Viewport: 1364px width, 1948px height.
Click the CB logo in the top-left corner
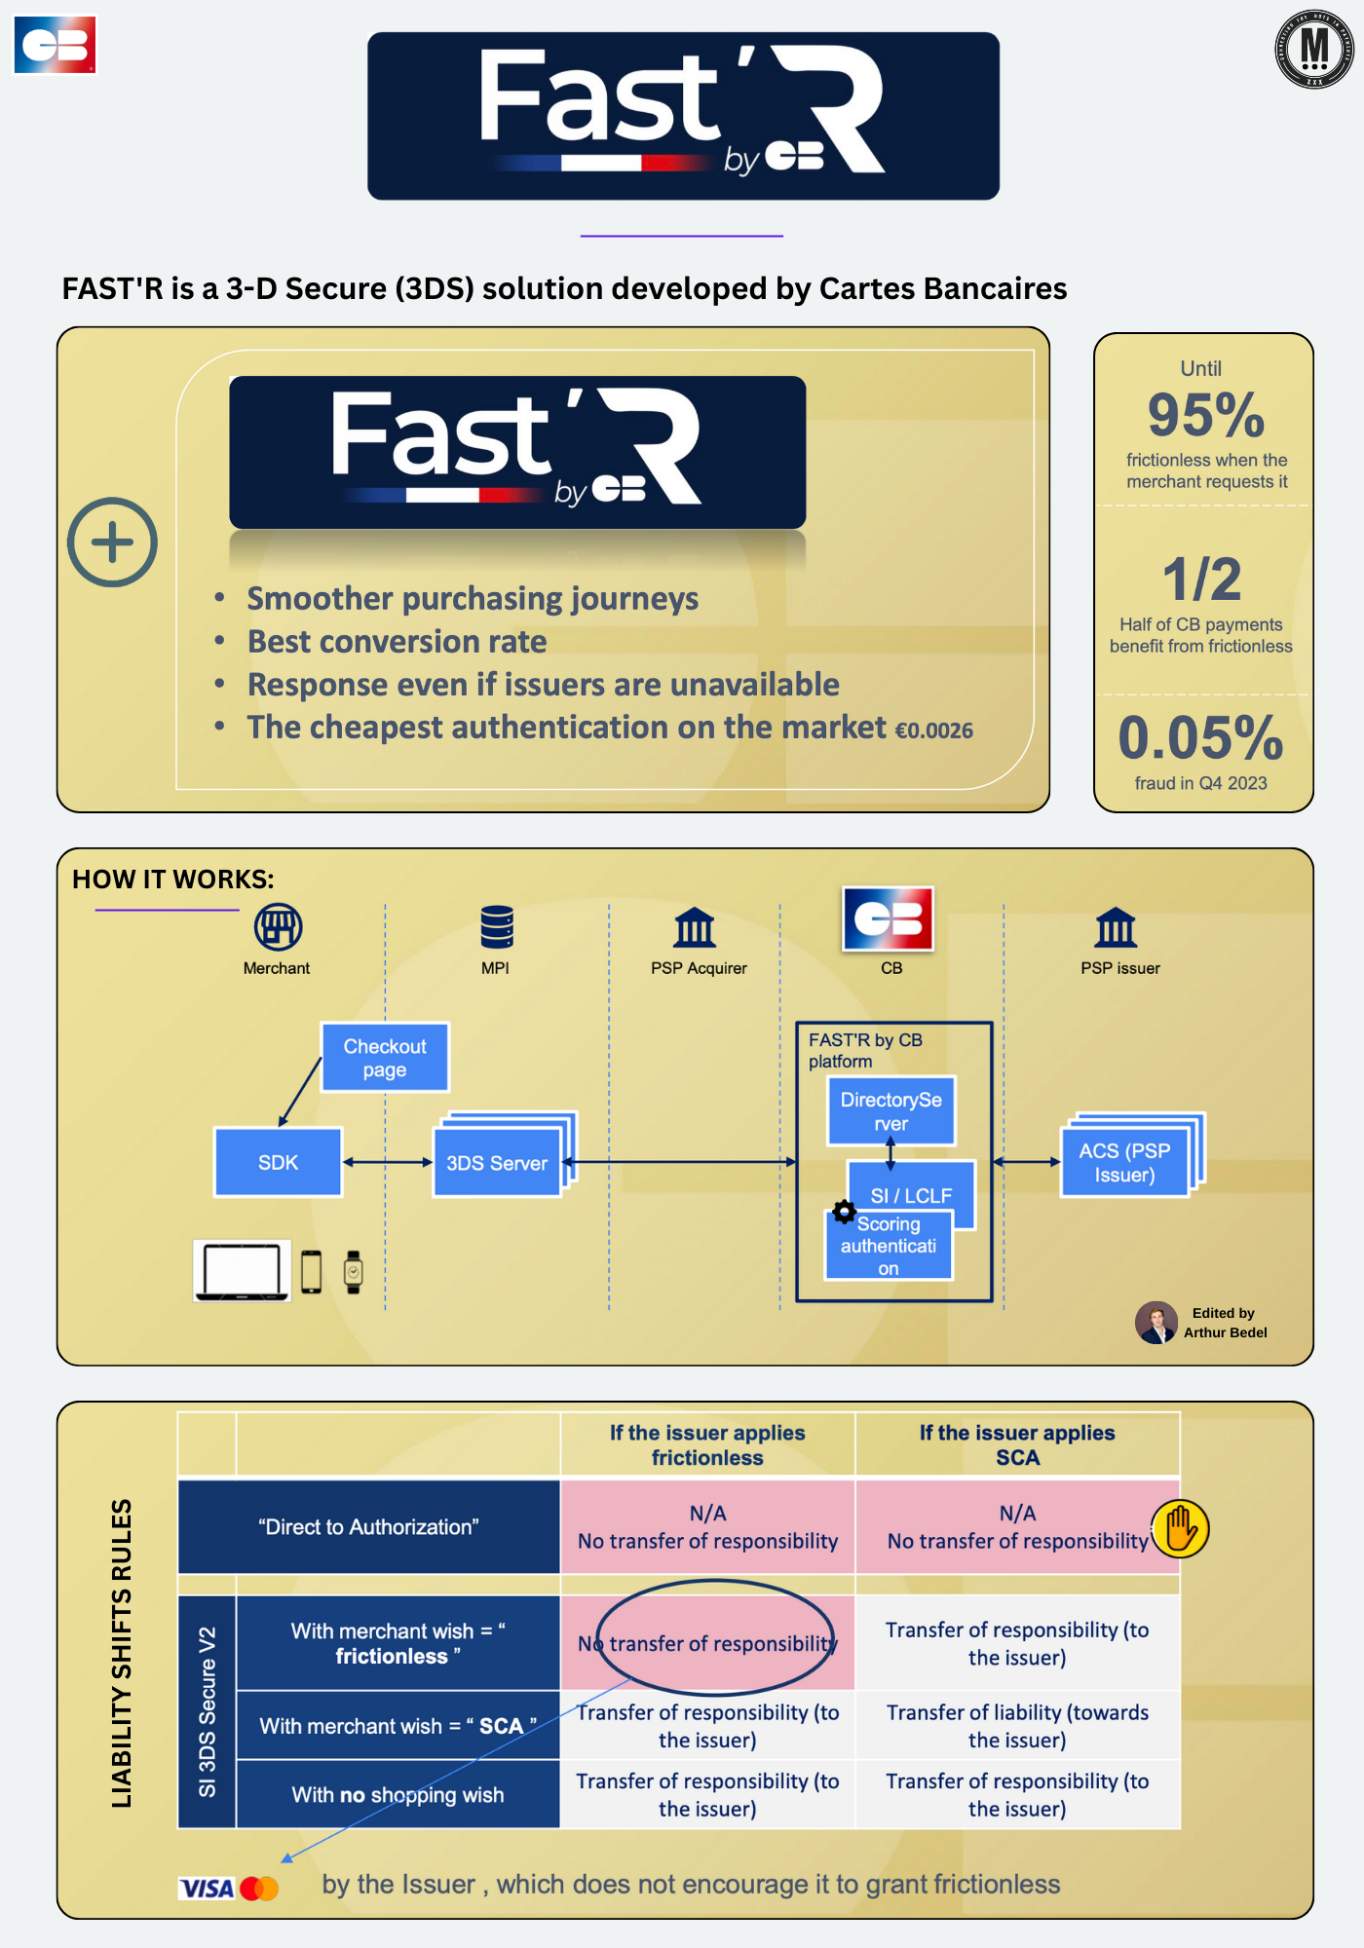pyautogui.click(x=56, y=45)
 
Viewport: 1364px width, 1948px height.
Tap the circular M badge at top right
pyautogui.click(x=1314, y=49)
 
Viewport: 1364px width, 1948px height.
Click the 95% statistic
pyautogui.click(x=1206, y=415)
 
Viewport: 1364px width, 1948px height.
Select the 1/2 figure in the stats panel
pyautogui.click(x=1202, y=580)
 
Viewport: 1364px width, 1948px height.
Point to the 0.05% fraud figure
pyautogui.click(x=1200, y=737)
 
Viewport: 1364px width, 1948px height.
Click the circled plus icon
pyautogui.click(x=112, y=543)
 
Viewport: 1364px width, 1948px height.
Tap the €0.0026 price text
pyautogui.click(x=933, y=730)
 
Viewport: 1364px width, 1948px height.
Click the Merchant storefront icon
pyautogui.click(x=278, y=926)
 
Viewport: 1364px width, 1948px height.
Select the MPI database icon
pyautogui.click(x=497, y=926)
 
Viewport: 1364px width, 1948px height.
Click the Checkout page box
pyautogui.click(x=385, y=1058)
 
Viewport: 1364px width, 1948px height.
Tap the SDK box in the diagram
pyautogui.click(x=278, y=1162)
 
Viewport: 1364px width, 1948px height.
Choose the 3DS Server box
pyautogui.click(x=497, y=1162)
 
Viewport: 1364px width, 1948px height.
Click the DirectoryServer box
pyautogui.click(x=890, y=1111)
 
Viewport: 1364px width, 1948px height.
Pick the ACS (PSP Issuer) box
pyautogui.click(x=1124, y=1162)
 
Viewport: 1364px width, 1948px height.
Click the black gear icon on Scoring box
pyautogui.click(x=844, y=1213)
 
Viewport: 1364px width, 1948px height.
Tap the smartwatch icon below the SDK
pyautogui.click(x=354, y=1272)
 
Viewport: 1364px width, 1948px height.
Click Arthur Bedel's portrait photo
pyautogui.click(x=1156, y=1323)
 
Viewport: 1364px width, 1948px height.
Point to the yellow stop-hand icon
pyautogui.click(x=1180, y=1528)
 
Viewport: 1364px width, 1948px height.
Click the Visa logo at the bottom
pyautogui.click(x=207, y=1889)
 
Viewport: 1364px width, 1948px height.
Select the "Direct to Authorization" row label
pyautogui.click(x=368, y=1527)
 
